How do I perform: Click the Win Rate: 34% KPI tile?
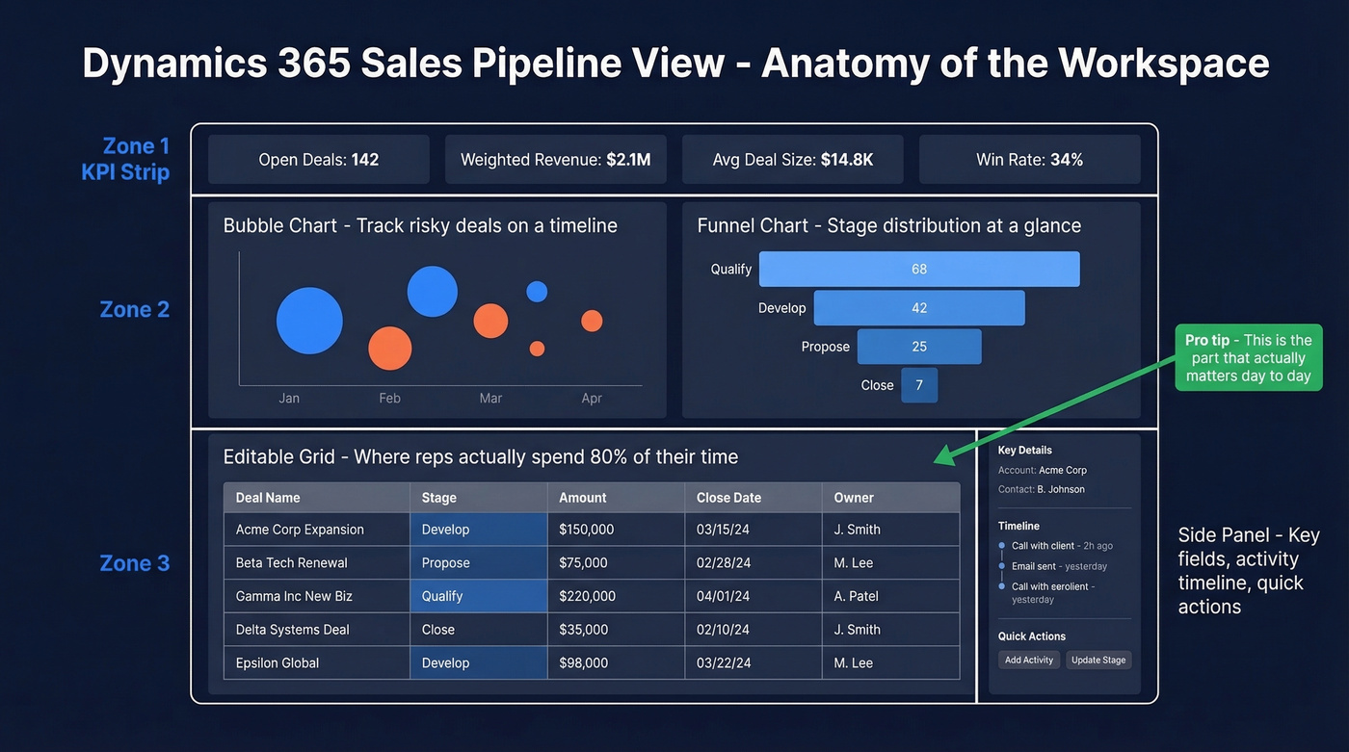click(1029, 160)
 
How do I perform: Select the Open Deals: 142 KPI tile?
click(319, 160)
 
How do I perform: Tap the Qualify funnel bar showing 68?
click(919, 270)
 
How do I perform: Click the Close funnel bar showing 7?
click(919, 385)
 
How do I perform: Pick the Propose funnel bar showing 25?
click(919, 347)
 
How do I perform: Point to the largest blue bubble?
click(309, 321)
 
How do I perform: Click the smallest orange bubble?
click(537, 349)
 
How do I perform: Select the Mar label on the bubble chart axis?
click(490, 398)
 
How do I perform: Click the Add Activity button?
click(1029, 660)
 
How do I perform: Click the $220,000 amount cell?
click(587, 596)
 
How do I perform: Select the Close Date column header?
click(728, 498)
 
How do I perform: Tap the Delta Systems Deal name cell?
click(292, 630)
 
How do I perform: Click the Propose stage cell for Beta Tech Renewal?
click(446, 562)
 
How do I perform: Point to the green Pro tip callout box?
click(1248, 357)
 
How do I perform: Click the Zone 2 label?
click(135, 309)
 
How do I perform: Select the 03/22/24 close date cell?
click(723, 662)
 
